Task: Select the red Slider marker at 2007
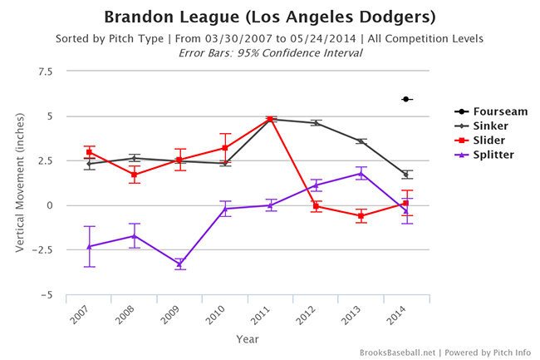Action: coord(90,152)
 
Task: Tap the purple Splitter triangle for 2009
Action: coord(179,264)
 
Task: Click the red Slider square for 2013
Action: coord(361,216)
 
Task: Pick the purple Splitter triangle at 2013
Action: coord(361,174)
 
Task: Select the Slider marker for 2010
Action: coord(225,148)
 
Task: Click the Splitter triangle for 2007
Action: coord(90,246)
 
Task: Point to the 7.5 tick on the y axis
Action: coord(44,72)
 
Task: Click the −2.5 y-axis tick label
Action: coord(41,250)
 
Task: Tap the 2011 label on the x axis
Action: coord(268,315)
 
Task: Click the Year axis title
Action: coord(248,338)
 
